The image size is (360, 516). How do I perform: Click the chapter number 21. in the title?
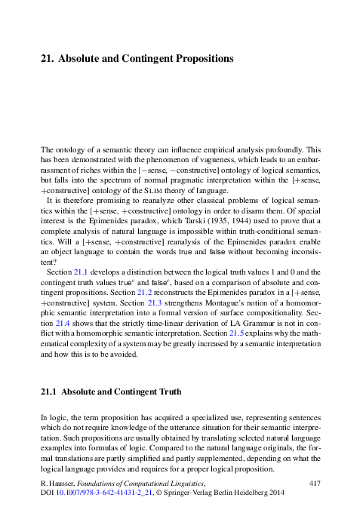[47, 58]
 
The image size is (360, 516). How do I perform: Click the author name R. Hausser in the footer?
[58, 481]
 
